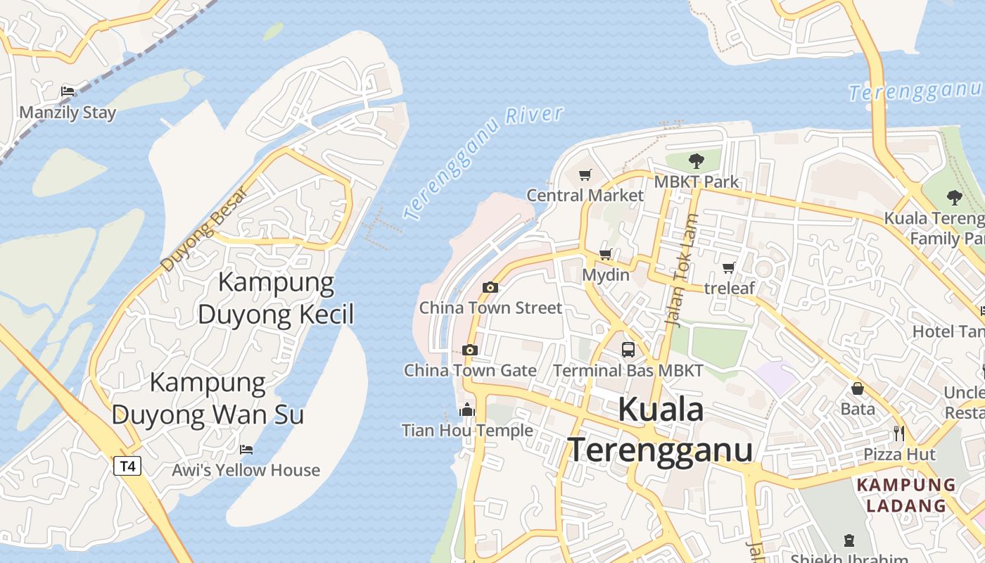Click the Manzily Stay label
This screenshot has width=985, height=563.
68,113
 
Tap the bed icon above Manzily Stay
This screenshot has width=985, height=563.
68,91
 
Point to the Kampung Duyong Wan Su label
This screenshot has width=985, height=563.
208,398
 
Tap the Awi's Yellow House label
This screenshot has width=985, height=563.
246,470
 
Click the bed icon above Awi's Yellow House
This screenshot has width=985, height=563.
246,449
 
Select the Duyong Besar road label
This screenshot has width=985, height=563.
204,228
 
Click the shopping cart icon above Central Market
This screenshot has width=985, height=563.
585,175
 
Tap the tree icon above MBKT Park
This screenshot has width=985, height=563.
697,161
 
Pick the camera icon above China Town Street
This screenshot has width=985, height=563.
490,287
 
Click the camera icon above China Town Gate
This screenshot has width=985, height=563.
470,350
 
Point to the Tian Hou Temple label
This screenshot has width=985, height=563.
467,430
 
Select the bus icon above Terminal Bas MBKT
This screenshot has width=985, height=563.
628,349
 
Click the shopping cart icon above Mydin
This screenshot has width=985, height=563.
606,254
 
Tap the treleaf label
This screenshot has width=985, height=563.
729,288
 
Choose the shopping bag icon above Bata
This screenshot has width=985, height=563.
858,388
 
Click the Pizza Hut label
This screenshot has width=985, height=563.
899,454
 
